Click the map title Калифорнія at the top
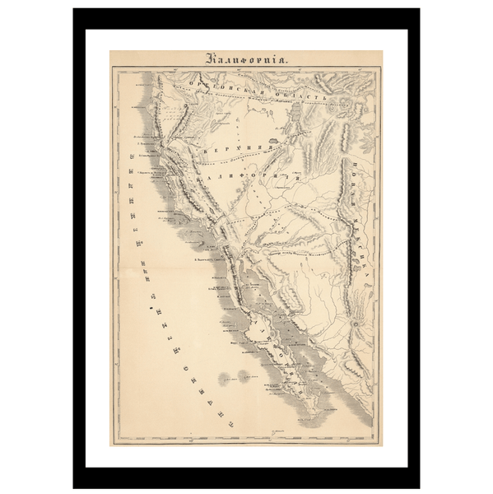point(246,58)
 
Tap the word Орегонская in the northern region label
point(216,85)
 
